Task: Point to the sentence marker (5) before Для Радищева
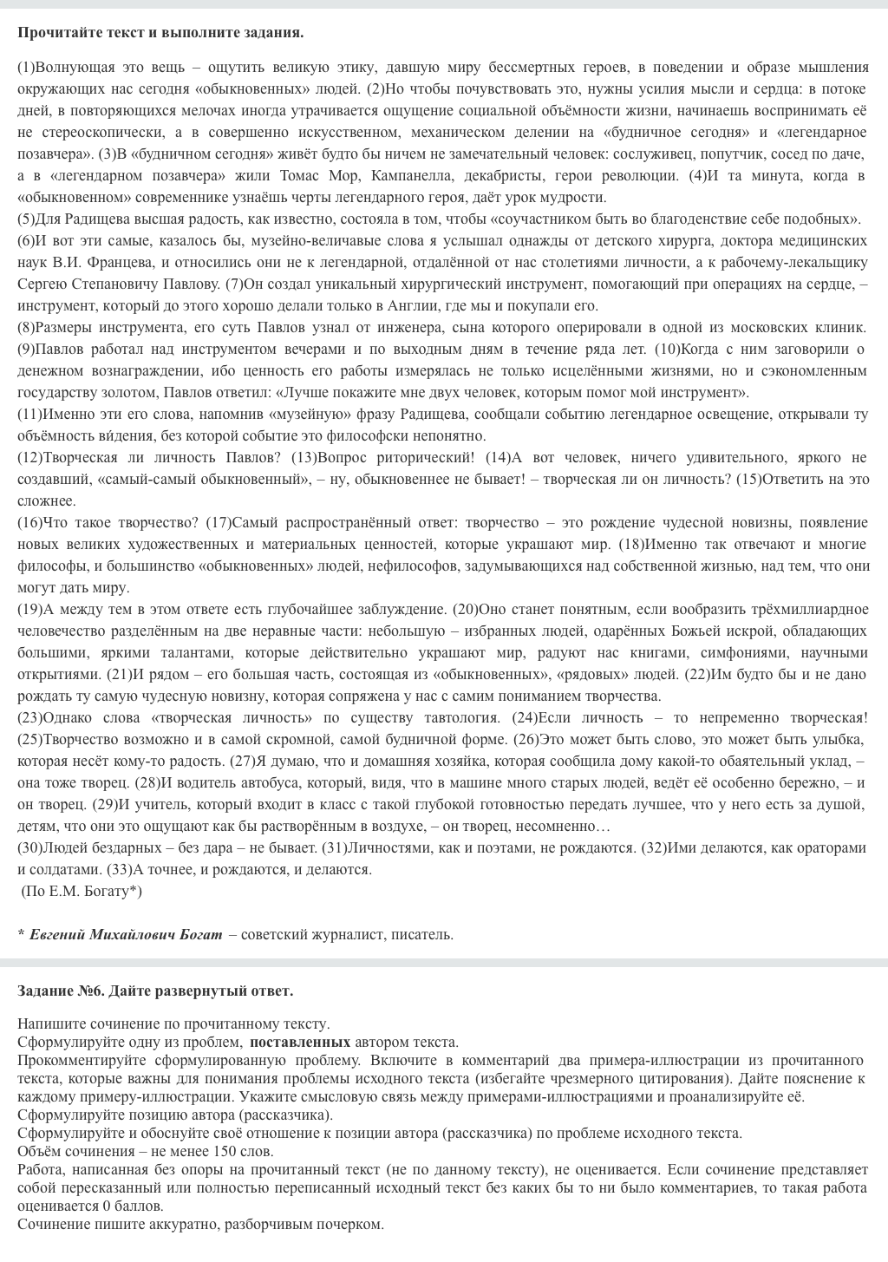pyautogui.click(x=27, y=219)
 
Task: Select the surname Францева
pyautogui.click(x=117, y=262)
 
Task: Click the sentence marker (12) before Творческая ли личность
pyautogui.click(x=30, y=457)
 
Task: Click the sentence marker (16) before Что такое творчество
pyautogui.click(x=30, y=522)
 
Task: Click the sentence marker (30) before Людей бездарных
pyautogui.click(x=30, y=847)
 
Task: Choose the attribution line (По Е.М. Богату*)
pyautogui.click(x=82, y=891)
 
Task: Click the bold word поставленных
pyautogui.click(x=300, y=1042)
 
